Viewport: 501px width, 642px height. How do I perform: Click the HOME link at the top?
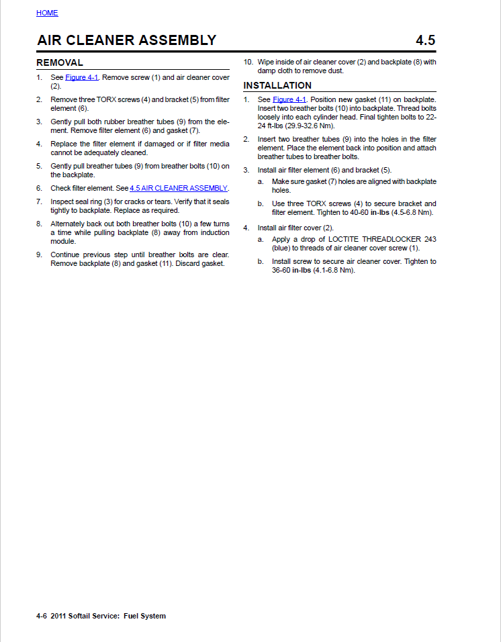coord(47,13)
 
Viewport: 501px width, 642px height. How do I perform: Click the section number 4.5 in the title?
coord(425,40)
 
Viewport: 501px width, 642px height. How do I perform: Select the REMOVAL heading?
coord(60,62)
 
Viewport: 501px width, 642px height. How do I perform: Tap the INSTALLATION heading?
coord(277,85)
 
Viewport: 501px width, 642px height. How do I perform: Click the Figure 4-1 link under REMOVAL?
coord(82,78)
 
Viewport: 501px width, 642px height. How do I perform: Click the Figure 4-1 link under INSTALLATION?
coord(289,100)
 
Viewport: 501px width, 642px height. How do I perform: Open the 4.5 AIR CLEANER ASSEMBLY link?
coord(179,188)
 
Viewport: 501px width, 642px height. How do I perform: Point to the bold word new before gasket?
coord(345,100)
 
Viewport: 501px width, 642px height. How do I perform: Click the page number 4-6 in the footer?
coord(41,616)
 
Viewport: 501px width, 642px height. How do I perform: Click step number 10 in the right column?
coord(248,62)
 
